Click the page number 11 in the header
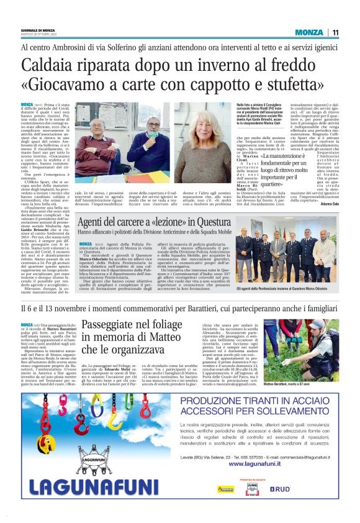335,32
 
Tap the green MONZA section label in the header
309,32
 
